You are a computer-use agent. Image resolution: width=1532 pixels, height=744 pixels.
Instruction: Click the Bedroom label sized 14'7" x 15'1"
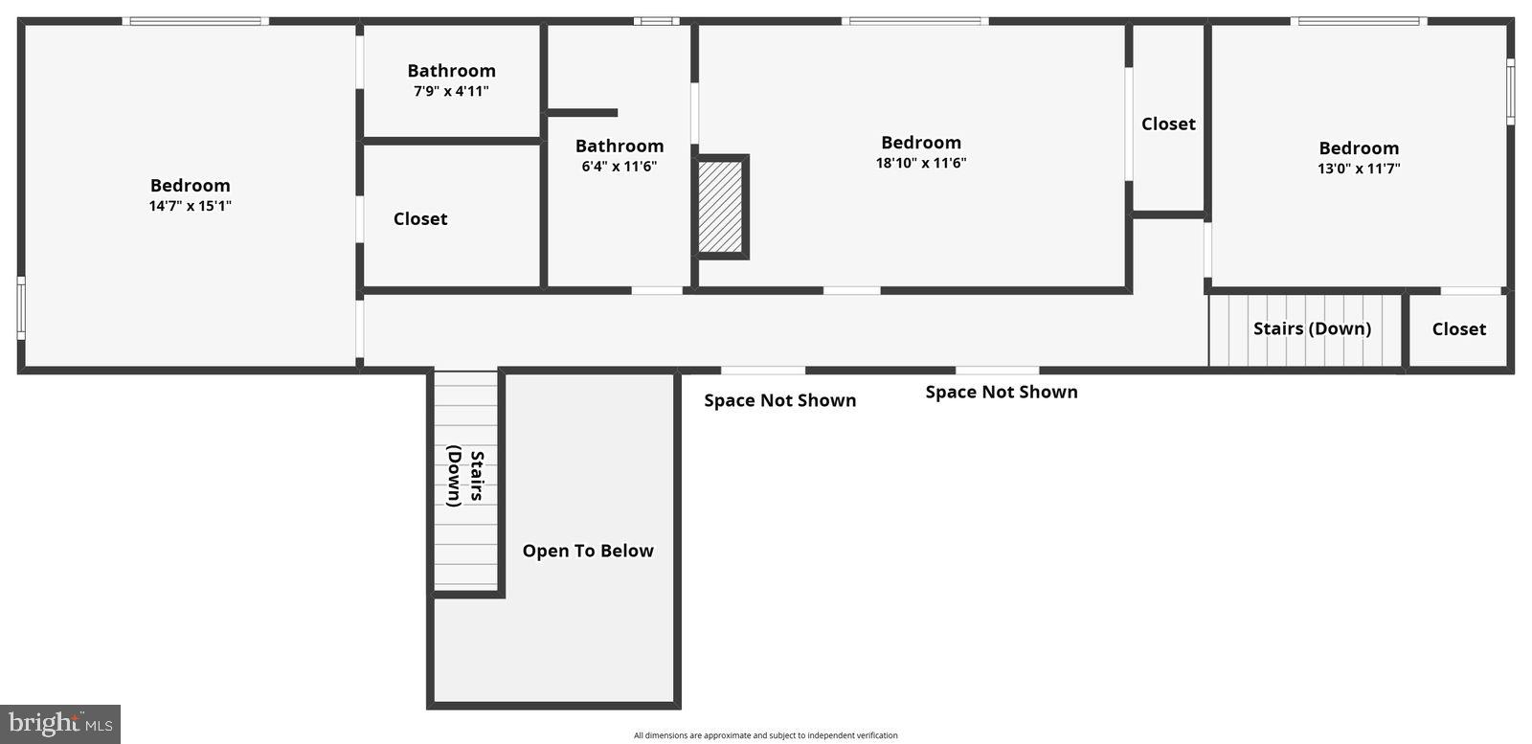click(190, 186)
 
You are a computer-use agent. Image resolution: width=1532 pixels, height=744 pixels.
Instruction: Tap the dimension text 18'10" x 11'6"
click(921, 163)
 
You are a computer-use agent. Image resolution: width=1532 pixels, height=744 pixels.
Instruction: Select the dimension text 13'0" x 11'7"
click(1359, 169)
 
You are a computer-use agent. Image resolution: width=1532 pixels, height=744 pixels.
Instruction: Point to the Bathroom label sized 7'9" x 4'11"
click(451, 71)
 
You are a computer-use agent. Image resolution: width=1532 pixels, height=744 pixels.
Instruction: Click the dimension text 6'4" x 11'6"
click(620, 167)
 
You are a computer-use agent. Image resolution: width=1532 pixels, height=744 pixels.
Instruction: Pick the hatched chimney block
click(720, 207)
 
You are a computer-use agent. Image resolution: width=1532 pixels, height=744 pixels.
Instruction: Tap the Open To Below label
click(588, 551)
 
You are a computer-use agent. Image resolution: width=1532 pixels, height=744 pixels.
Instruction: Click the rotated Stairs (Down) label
click(465, 476)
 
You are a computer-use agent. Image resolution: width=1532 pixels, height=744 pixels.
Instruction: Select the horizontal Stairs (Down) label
click(1312, 328)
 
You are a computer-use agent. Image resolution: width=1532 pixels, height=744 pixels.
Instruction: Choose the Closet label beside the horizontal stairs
click(1458, 328)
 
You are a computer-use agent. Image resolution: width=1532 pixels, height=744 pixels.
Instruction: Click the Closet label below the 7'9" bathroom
click(420, 218)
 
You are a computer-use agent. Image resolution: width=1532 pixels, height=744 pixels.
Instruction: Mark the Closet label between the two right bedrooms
click(1168, 124)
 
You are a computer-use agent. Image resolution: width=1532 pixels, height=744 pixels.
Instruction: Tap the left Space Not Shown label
click(779, 400)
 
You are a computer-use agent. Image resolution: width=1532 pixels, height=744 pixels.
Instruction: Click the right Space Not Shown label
click(1002, 392)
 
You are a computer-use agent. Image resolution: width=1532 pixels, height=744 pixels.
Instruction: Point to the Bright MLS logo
click(59, 724)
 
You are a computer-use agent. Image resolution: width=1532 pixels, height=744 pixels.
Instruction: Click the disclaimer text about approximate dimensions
click(765, 735)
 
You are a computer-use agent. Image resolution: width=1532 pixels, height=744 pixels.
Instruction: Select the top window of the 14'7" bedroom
click(195, 21)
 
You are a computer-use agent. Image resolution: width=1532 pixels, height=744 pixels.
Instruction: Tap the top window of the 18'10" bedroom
click(915, 21)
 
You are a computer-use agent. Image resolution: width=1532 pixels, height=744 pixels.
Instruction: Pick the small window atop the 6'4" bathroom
click(656, 21)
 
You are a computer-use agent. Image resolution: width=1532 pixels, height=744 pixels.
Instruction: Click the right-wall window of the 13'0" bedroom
click(1510, 91)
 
